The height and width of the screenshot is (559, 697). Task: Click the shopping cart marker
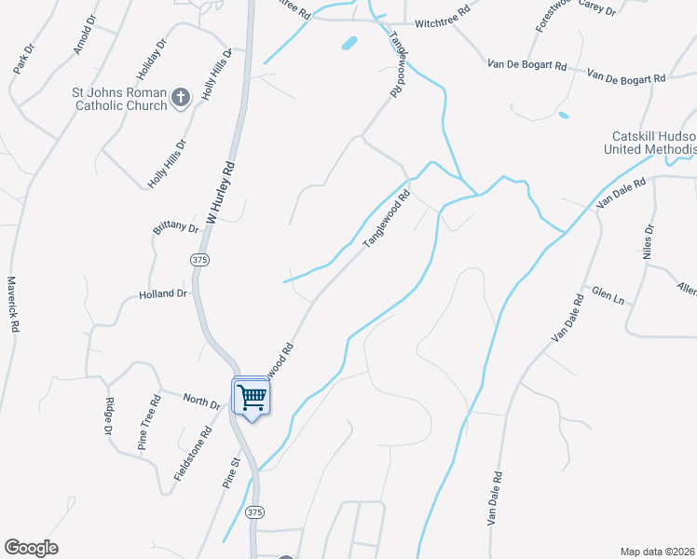252,398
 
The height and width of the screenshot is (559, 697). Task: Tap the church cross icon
181,95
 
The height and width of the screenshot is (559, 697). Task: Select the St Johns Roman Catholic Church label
120,100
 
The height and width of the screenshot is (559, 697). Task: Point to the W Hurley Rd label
218,194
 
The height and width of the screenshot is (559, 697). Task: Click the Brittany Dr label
175,228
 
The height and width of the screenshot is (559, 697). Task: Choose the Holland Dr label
163,293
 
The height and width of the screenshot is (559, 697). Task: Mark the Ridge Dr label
109,416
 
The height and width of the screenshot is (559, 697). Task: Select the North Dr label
200,403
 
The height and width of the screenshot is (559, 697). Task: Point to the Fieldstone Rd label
192,455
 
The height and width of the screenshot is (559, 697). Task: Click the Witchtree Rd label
444,21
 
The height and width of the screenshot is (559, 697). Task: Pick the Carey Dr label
597,8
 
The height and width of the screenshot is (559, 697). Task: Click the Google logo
31,548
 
